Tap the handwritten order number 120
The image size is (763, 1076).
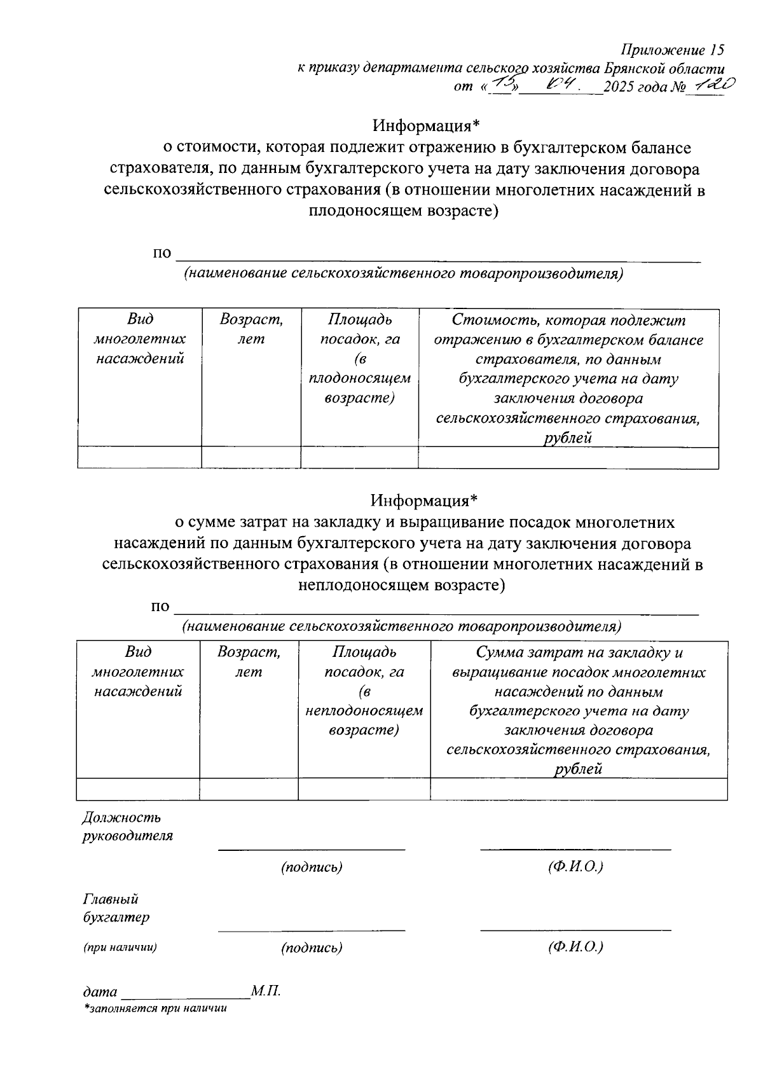[714, 85]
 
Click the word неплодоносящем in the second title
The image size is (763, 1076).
[365, 584]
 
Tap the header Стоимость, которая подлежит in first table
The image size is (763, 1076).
[568, 320]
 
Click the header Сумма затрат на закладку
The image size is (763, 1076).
[579, 652]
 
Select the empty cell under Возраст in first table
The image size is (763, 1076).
[251, 457]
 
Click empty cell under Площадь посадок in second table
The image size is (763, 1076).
[364, 789]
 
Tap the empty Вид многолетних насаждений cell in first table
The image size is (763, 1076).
[139, 457]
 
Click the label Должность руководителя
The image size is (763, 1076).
[127, 826]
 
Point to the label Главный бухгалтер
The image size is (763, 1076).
[116, 908]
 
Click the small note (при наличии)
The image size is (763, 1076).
[120, 947]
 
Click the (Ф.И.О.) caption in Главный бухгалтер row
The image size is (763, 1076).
[575, 947]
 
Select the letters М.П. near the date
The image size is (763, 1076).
[266, 991]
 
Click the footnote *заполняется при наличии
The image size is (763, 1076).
[155, 1009]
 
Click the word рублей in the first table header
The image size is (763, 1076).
[568, 438]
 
